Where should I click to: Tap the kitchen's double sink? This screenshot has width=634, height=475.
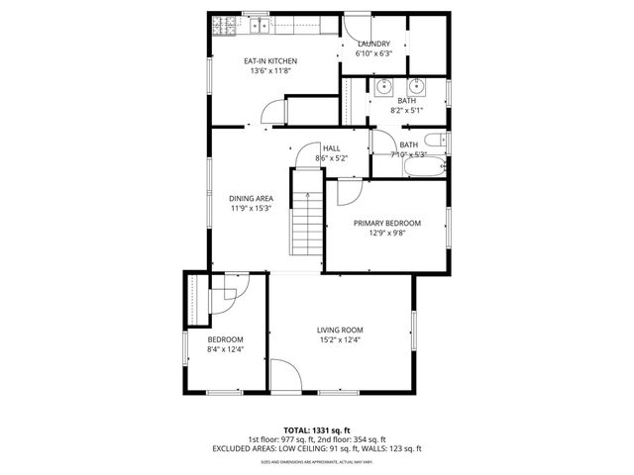tap(260, 25)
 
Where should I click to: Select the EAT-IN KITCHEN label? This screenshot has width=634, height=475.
tap(270, 61)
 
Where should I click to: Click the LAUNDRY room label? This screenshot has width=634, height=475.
tap(373, 44)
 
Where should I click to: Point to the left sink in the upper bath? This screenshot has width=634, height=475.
tap(382, 86)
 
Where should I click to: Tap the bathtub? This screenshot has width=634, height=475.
tap(425, 167)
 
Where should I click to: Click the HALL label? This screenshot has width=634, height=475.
tap(331, 147)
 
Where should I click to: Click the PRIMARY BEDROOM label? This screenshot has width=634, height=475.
tap(387, 224)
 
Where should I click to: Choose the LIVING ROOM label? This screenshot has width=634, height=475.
tap(340, 330)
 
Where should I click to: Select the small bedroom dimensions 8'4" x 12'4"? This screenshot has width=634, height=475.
tap(225, 348)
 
